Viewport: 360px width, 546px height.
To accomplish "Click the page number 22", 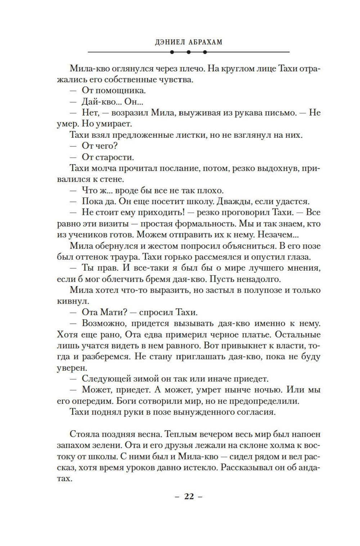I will [189, 496].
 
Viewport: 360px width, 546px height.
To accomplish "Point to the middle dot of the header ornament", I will [189, 52].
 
